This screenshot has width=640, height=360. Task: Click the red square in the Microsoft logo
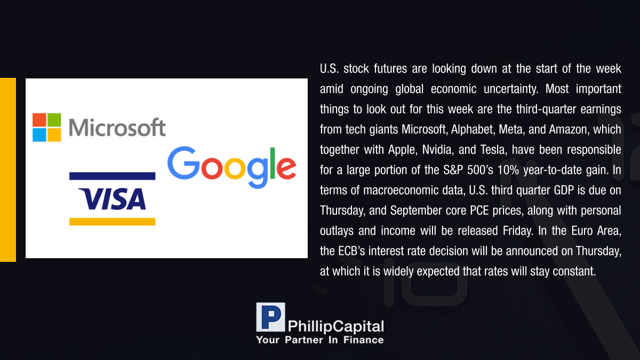pyautogui.click(x=39, y=120)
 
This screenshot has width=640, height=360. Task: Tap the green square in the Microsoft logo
pyautogui.click(x=54, y=120)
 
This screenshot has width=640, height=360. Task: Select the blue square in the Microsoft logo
pyautogui.click(x=39, y=135)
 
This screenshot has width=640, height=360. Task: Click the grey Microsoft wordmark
pyautogui.click(x=117, y=127)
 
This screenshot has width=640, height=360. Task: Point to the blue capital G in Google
pyautogui.click(x=183, y=163)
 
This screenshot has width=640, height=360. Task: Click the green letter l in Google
pyautogui.click(x=273, y=163)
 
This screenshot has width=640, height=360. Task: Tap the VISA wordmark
pyautogui.click(x=112, y=199)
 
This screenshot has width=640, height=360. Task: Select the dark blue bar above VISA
pyautogui.click(x=113, y=176)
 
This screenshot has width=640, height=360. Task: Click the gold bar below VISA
pyautogui.click(x=113, y=222)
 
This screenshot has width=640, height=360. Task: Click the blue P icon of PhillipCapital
pyautogui.click(x=270, y=317)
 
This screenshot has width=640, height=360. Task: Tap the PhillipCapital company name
pyautogui.click(x=335, y=326)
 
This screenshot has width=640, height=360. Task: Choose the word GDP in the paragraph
pyautogui.click(x=564, y=190)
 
